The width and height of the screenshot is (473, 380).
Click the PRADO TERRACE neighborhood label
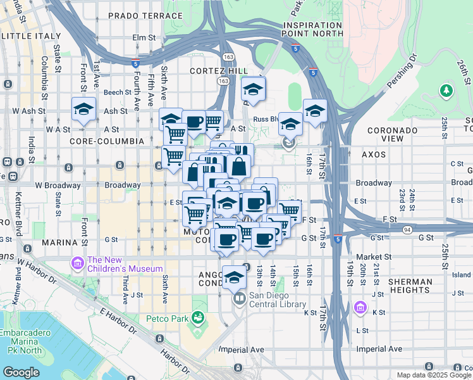tap(145, 15)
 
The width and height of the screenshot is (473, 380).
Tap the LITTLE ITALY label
tap(32, 37)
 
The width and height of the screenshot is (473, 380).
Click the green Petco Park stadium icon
tap(199, 316)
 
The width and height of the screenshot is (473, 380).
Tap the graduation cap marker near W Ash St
tap(83, 109)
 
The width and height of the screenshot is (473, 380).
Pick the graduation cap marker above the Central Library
tap(234, 277)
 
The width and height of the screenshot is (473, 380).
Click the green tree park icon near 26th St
tap(447, 91)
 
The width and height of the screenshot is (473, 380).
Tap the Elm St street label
tap(144, 38)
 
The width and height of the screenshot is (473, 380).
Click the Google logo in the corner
tap(20, 372)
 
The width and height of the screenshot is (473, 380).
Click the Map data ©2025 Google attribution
tap(433, 375)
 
